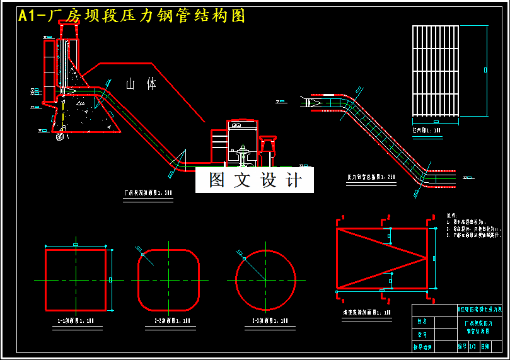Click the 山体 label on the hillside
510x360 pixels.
point(141,84)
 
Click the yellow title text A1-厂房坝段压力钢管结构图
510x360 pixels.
point(132,16)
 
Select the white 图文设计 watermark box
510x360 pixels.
point(255,180)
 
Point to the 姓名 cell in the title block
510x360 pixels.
point(422,322)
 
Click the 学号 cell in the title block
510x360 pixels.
point(422,334)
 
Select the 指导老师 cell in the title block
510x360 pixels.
point(422,347)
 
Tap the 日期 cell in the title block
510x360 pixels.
point(484,347)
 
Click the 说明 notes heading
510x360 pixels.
point(451,215)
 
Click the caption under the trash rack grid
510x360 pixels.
point(427,130)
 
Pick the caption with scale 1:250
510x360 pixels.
point(371,178)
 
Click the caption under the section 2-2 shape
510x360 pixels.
point(168,321)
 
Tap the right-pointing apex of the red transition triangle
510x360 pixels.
point(427,258)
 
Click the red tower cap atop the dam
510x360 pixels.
point(68,24)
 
